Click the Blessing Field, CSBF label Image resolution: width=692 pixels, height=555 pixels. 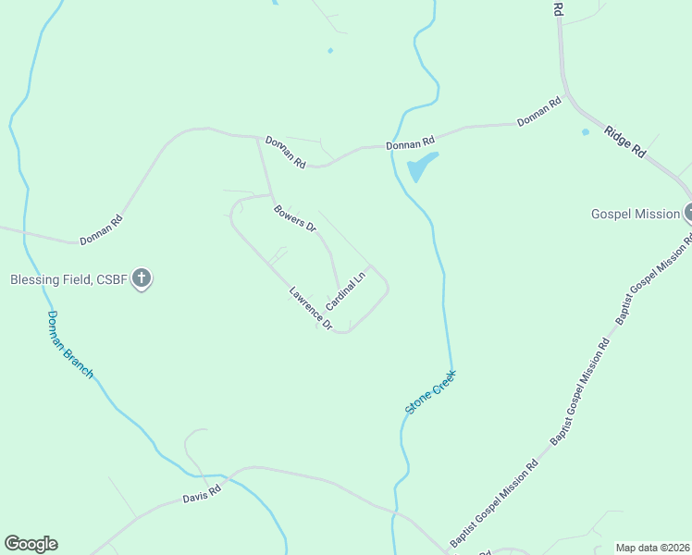point(68,278)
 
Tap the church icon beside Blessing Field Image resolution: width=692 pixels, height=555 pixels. point(142,277)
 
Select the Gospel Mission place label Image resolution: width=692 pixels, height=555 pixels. point(635,214)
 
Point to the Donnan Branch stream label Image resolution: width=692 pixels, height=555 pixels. point(70,343)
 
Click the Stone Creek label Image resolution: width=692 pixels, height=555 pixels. point(431,392)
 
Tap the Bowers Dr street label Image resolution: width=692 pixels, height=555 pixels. point(295,218)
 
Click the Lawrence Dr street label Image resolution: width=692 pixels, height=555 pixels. point(310,308)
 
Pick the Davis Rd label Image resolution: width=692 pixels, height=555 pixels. point(201,496)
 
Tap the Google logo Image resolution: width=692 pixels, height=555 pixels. point(31,544)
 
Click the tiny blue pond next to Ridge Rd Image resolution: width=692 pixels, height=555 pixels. point(585,132)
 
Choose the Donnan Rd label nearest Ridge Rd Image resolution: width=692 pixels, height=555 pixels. point(539,113)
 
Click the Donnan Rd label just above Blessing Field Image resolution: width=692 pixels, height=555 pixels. point(101,230)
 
